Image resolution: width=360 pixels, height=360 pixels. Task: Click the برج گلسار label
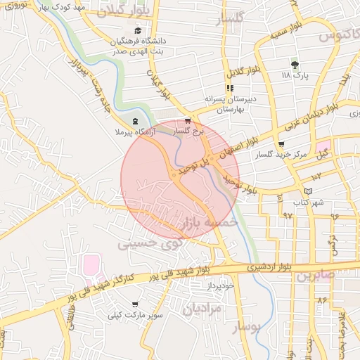191,131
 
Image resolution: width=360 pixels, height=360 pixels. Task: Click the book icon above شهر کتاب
309,191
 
